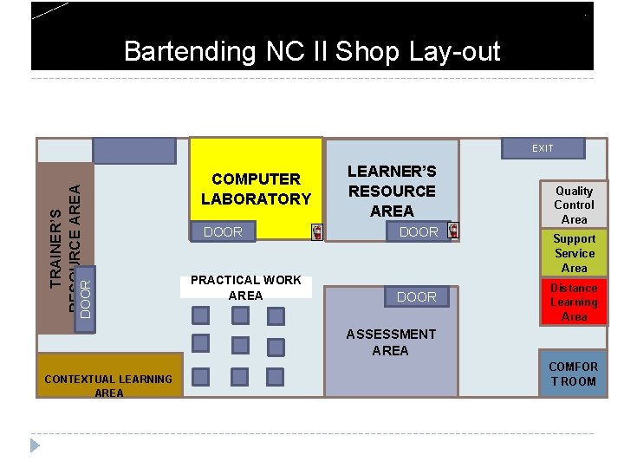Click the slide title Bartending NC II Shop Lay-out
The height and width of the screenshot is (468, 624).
pyautogui.click(x=312, y=51)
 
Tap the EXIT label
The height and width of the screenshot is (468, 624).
pyautogui.click(x=543, y=148)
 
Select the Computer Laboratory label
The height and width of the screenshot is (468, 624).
pyautogui.click(x=256, y=189)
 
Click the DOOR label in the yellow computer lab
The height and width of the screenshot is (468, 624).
pyautogui.click(x=223, y=232)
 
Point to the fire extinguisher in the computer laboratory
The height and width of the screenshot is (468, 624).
pyautogui.click(x=317, y=231)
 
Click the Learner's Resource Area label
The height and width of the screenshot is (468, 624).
pyautogui.click(x=392, y=191)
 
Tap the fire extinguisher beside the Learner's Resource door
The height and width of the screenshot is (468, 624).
pyautogui.click(x=452, y=231)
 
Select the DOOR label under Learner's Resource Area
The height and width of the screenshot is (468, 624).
pyautogui.click(x=419, y=232)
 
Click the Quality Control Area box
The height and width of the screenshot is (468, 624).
pyautogui.click(x=574, y=205)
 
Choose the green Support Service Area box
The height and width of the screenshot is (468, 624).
pyautogui.click(x=574, y=252)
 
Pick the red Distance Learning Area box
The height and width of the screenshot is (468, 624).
pyautogui.click(x=574, y=302)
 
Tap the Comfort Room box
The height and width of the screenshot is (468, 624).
pyautogui.click(x=573, y=374)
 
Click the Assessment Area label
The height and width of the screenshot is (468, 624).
pyautogui.click(x=391, y=341)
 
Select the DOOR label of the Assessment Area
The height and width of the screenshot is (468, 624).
pyautogui.click(x=417, y=296)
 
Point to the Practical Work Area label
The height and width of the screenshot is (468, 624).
pyautogui.click(x=246, y=287)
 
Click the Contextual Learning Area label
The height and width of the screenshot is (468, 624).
pyautogui.click(x=109, y=386)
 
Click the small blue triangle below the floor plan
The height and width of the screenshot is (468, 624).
pyautogui.click(x=35, y=445)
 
